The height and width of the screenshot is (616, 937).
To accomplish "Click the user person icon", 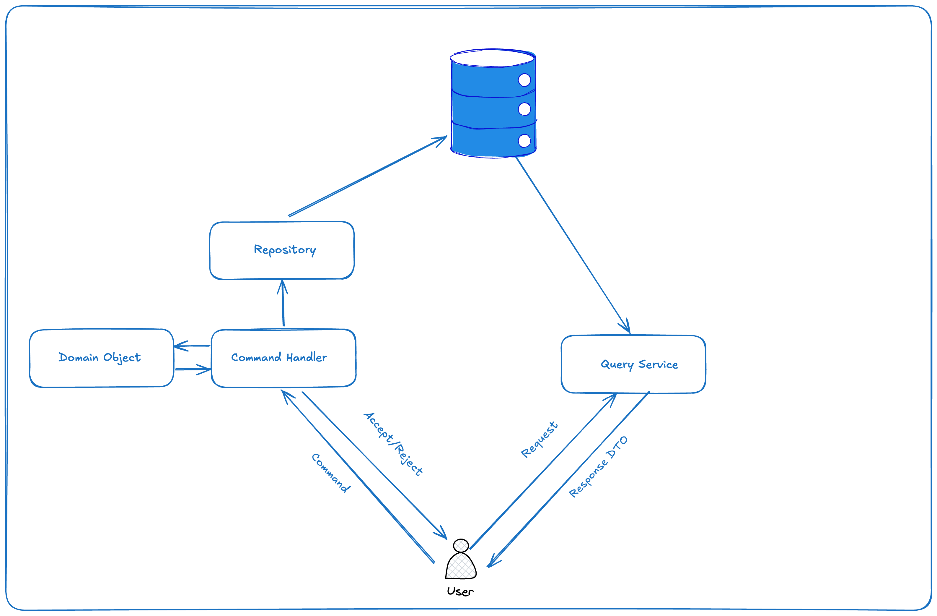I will tap(461, 562).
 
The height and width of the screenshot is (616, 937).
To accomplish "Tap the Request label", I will tap(539, 440).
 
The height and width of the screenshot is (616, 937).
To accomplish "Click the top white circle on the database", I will tap(524, 80).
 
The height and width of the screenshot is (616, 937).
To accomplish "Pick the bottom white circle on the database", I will tap(524, 141).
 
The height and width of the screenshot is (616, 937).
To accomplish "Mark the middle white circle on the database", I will tap(524, 109).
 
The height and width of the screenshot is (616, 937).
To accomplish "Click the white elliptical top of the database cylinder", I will tap(492, 58).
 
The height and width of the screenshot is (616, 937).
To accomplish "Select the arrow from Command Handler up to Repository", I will tap(283, 304).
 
